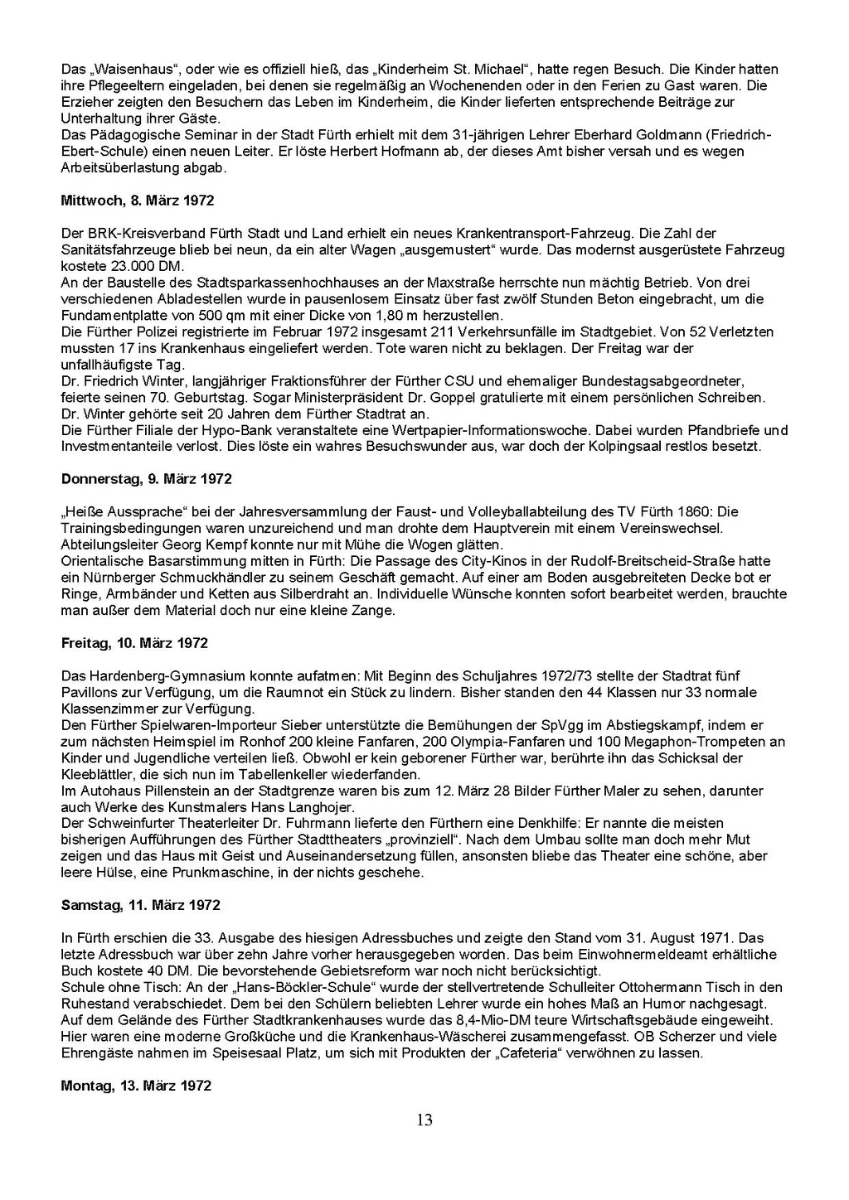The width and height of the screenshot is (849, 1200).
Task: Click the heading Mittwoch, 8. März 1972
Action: click(x=138, y=201)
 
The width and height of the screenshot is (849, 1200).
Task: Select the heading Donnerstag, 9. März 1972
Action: click(x=146, y=479)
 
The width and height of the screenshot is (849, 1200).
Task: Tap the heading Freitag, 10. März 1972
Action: click(x=134, y=643)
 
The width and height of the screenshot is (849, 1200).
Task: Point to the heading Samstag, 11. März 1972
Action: click(x=141, y=905)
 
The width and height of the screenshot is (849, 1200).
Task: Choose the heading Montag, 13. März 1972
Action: click(x=136, y=1086)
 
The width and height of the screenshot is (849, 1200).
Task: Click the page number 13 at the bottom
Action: click(x=424, y=1120)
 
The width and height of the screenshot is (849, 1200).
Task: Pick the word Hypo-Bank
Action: click(x=221, y=430)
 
